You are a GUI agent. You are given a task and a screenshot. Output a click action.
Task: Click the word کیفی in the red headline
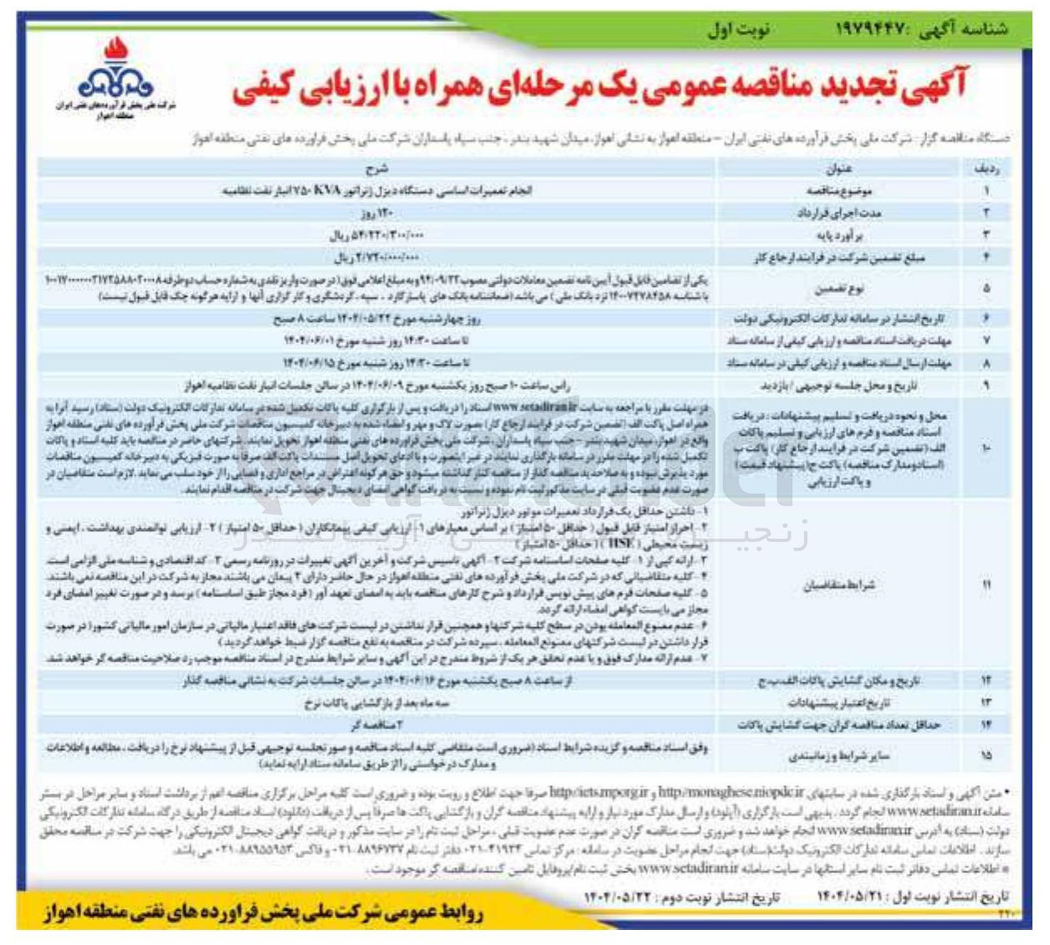coord(269,88)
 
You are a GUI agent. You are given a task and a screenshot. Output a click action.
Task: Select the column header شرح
coord(376,169)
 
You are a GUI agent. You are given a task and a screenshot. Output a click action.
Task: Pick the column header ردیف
coord(986,169)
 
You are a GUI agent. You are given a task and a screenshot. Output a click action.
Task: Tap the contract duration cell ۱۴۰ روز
coord(377,213)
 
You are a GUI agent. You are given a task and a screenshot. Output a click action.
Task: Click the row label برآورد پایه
coord(847,236)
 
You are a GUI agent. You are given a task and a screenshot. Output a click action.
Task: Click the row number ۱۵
coord(986,755)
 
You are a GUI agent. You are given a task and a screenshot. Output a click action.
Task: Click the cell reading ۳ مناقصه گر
coord(376,725)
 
